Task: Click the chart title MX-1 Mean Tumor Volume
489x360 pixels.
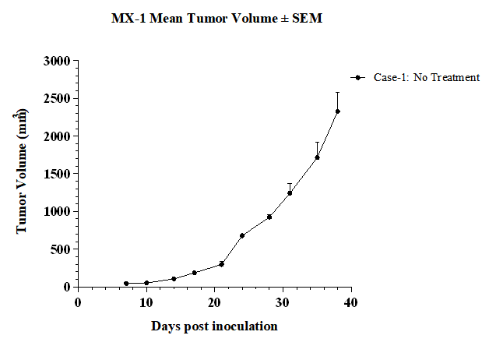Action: (195, 18)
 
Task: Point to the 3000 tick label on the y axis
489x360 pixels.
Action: (57, 61)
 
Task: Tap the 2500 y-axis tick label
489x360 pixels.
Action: (57, 99)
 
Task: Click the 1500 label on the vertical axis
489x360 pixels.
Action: (57, 174)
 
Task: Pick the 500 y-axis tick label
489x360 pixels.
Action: (61, 249)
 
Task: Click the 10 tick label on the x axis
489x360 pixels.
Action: (146, 302)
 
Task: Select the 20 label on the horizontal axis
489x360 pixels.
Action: (215, 302)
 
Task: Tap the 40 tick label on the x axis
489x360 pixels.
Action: (351, 302)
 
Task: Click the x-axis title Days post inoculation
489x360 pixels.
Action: (215, 326)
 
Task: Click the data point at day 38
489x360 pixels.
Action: (338, 111)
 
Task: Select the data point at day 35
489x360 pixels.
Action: (317, 157)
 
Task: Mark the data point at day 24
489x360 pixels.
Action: (242, 235)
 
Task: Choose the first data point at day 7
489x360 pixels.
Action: (126, 284)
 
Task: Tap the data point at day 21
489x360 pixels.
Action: (221, 264)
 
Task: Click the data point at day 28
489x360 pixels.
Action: (269, 217)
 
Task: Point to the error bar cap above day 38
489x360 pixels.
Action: (338, 93)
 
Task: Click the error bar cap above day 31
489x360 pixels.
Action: (290, 183)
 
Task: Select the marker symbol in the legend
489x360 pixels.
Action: (358, 77)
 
